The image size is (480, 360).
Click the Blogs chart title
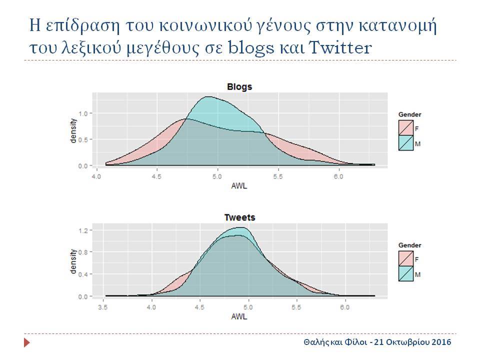(239, 87)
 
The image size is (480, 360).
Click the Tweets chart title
(239, 217)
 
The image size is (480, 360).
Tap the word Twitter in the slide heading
(340, 48)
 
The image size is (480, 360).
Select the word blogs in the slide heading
(251, 48)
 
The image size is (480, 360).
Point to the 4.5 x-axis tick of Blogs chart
(156, 177)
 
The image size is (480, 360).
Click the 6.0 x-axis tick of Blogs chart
(338, 177)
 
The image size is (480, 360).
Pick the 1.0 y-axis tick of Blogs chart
(83, 113)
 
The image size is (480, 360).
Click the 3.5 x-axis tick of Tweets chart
(103, 307)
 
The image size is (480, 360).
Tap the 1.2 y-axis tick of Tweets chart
(83, 230)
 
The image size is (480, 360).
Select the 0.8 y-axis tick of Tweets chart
(83, 252)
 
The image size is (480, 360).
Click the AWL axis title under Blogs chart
(239, 186)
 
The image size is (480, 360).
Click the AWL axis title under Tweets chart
(239, 316)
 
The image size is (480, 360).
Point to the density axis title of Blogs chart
(73, 130)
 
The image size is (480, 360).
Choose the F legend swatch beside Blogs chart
(406, 127)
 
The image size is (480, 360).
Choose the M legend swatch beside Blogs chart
(406, 142)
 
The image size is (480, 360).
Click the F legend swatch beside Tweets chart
(406, 258)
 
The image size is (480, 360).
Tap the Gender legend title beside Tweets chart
(409, 245)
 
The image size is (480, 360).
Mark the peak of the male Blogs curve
(208, 96)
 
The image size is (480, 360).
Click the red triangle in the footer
(27, 342)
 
